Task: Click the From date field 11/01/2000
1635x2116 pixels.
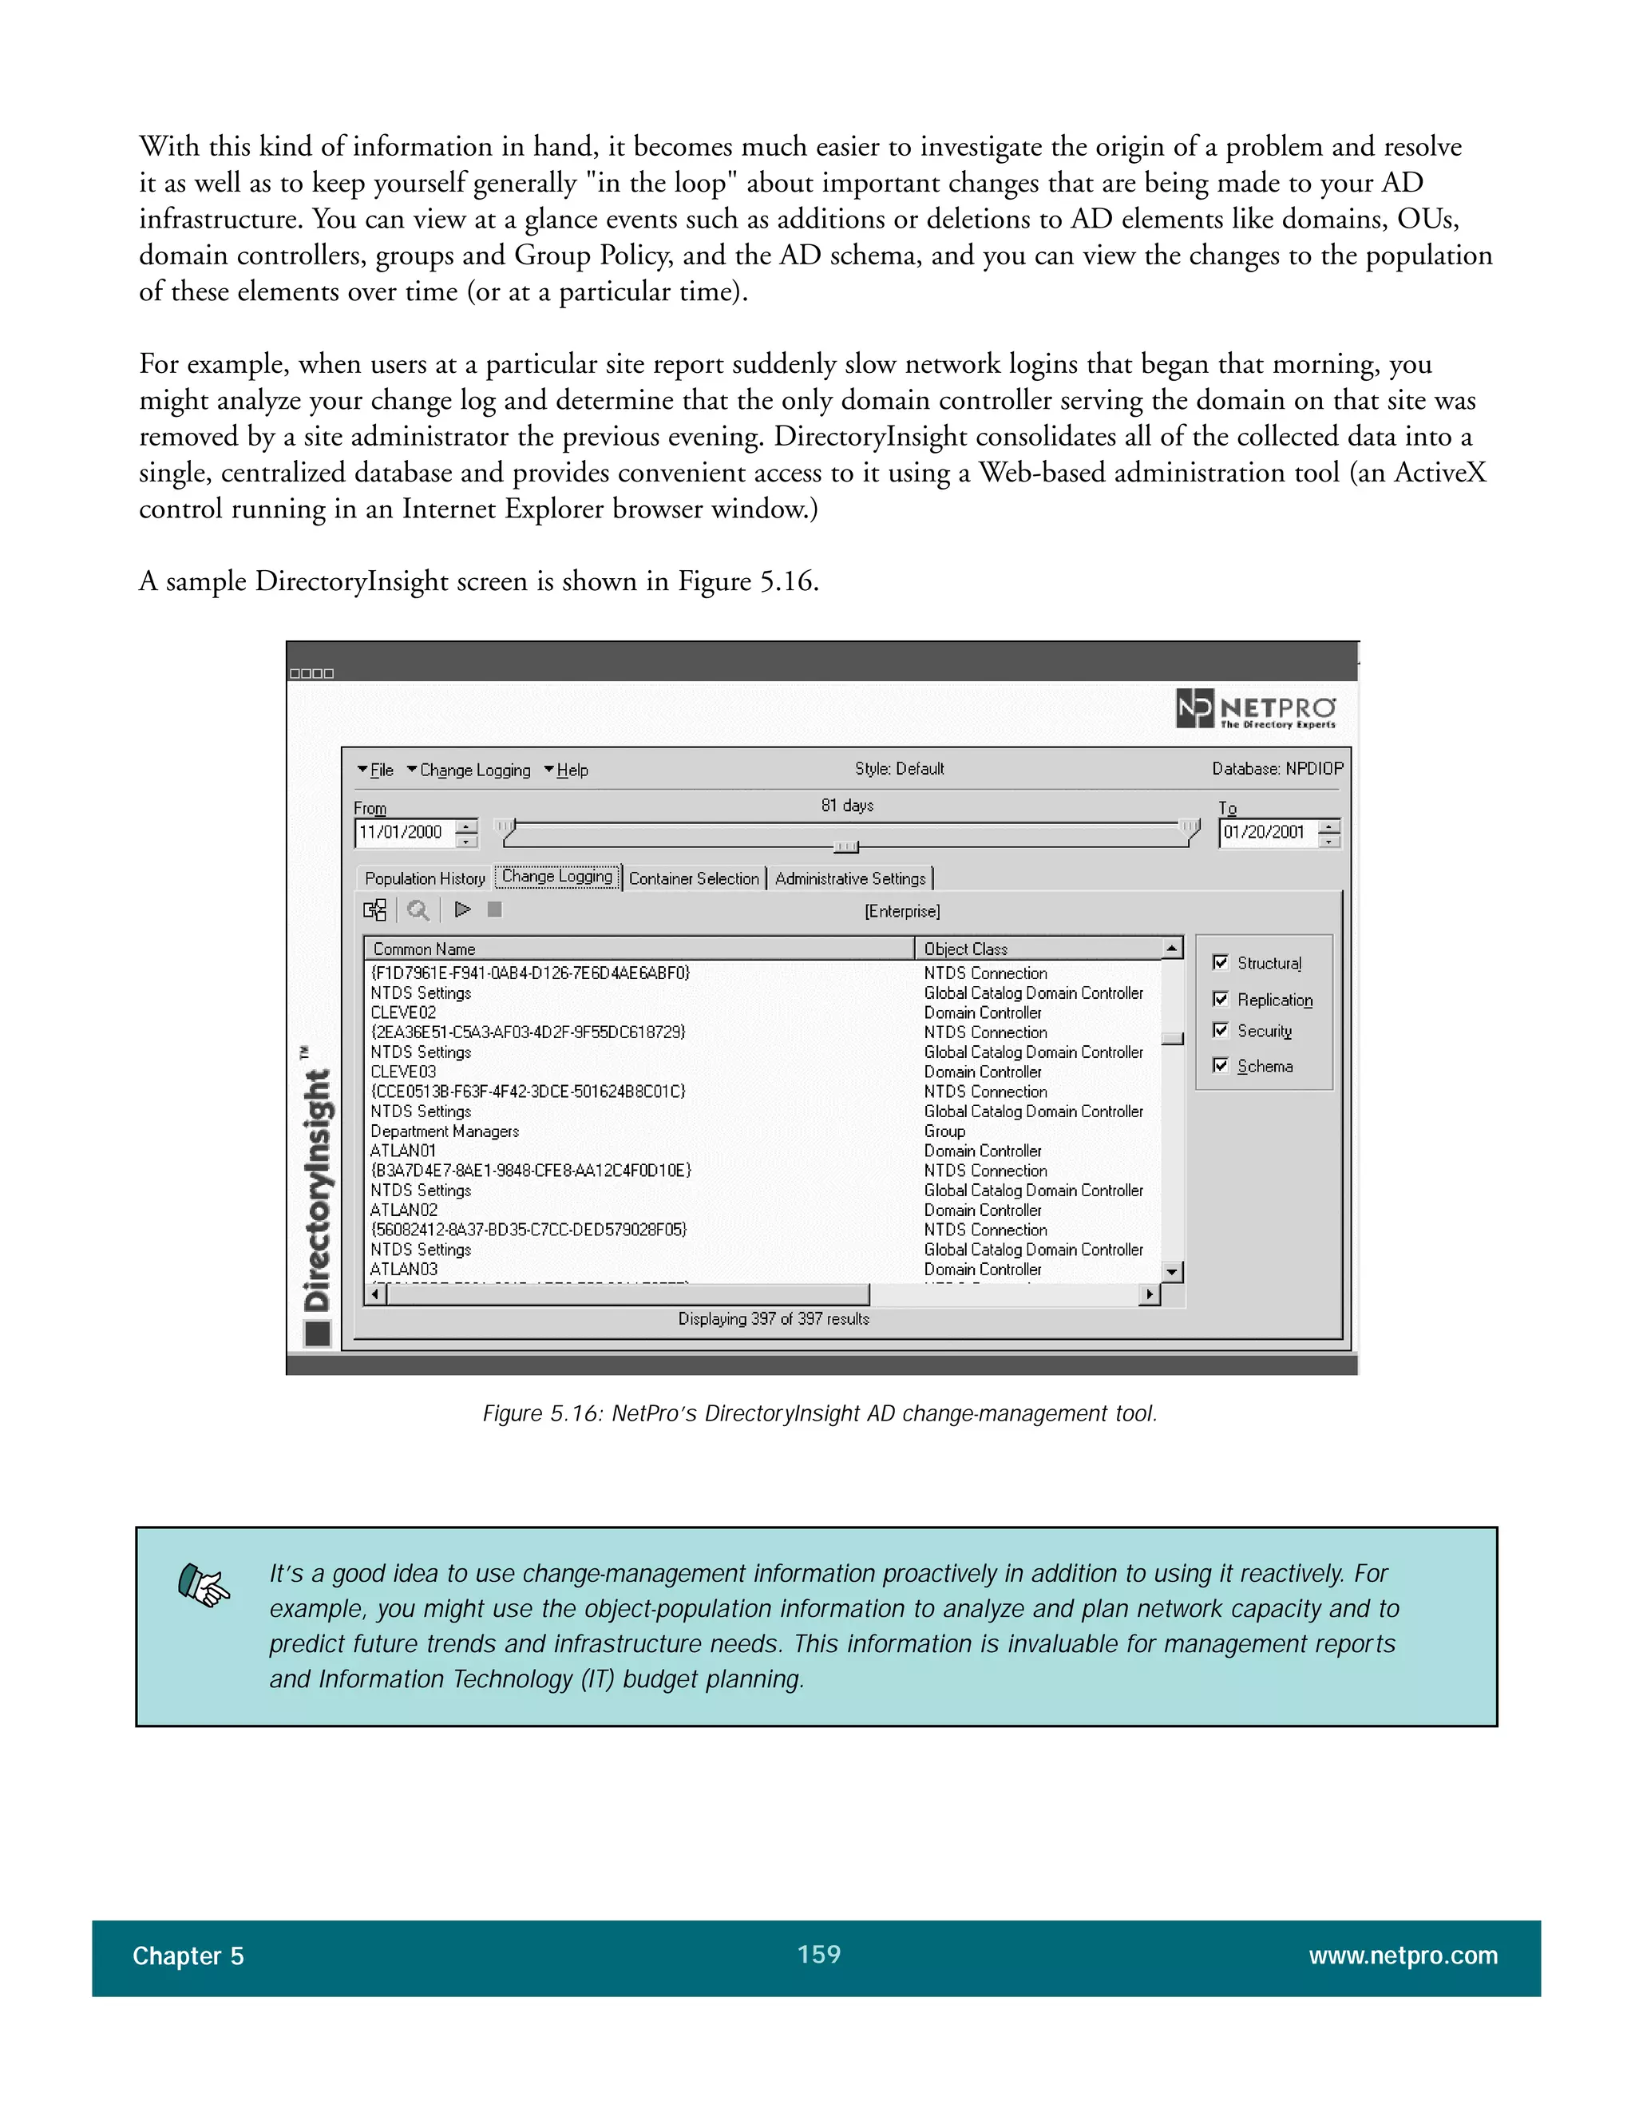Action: [402, 832]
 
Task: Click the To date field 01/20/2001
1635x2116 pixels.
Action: [1265, 832]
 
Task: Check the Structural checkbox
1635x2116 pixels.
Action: [1221, 962]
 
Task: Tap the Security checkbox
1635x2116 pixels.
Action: [1221, 1031]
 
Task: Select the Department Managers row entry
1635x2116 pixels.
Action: [445, 1131]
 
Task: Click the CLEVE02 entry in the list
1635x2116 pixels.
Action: [403, 1012]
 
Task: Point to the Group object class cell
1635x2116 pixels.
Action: [944, 1131]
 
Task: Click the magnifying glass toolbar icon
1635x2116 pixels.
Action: [418, 909]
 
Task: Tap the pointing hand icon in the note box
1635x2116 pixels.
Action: [204, 1586]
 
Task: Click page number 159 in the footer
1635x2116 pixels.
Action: [818, 1954]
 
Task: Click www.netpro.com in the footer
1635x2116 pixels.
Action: [1403, 1956]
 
